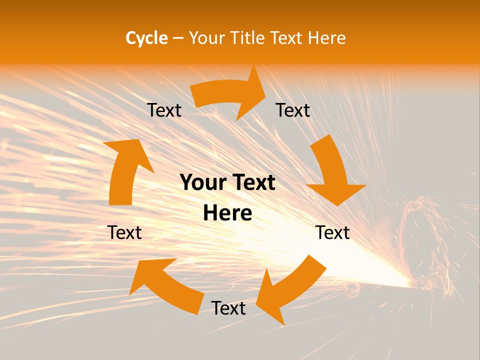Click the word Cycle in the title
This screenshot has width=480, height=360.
coord(146,38)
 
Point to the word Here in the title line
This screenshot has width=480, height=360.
coord(326,38)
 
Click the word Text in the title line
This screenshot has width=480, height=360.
coord(285,38)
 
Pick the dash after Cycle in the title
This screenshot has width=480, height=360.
coord(178,38)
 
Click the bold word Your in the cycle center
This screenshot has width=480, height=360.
coord(202,182)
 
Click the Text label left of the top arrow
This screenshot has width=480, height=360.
coord(164,110)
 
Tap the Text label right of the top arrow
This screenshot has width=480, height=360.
coord(293,110)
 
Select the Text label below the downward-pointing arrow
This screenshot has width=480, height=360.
coord(332,232)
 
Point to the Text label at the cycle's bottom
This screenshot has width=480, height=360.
coord(228,308)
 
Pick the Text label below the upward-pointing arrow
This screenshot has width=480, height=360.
coord(124,232)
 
